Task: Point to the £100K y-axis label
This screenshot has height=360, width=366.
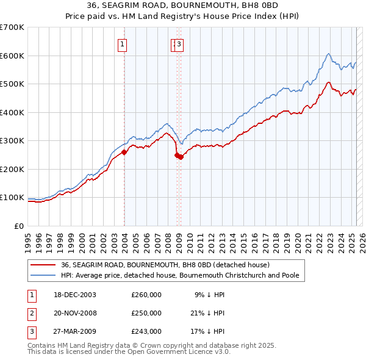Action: point(12,198)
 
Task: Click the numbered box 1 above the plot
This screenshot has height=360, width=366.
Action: point(123,44)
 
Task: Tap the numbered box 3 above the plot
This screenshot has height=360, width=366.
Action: point(181,44)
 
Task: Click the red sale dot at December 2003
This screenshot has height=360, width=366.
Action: point(124,152)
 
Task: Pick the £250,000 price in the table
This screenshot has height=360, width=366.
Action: point(146,313)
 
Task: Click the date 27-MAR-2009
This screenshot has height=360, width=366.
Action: point(71,331)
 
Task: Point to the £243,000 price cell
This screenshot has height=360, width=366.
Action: point(146,331)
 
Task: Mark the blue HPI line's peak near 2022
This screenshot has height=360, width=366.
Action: point(328,54)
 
